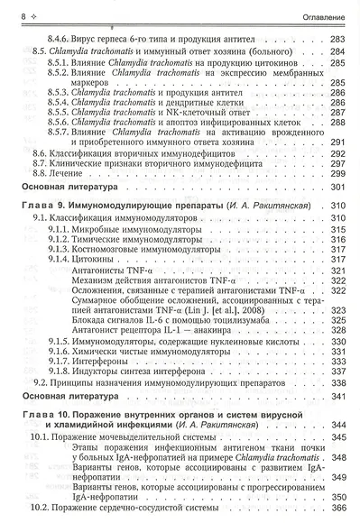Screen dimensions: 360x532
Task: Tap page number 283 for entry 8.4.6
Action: (337, 41)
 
